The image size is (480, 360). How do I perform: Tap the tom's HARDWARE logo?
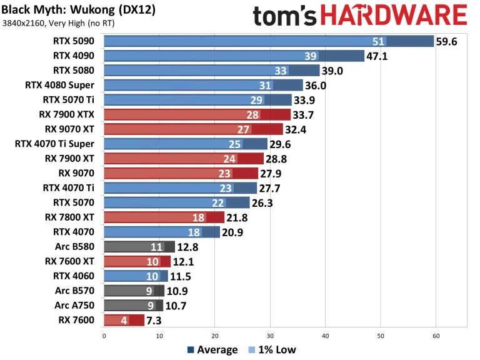(359, 14)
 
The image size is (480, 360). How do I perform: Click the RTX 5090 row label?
(74, 41)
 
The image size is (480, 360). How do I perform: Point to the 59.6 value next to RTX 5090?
(447, 41)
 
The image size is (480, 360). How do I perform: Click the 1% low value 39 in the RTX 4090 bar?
(311, 56)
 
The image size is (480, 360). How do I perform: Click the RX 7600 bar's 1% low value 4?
(124, 320)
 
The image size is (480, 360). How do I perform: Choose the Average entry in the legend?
(212, 350)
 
